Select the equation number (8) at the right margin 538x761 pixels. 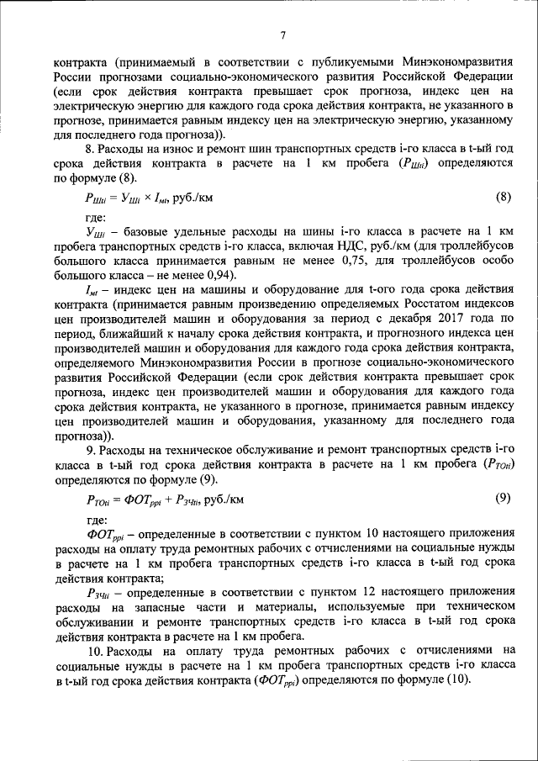pyautogui.click(x=502, y=198)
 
